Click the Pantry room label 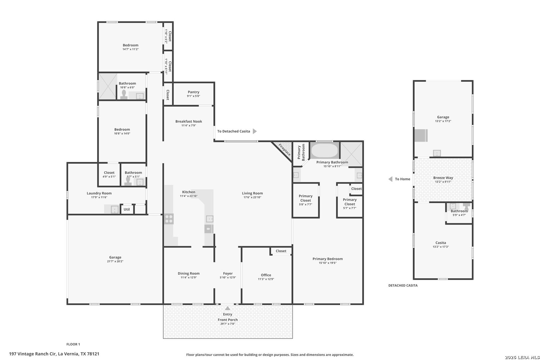tap(193, 92)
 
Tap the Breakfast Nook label tap(189, 121)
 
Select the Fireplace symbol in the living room tap(282, 151)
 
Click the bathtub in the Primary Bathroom tap(324, 150)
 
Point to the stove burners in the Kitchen tap(169, 219)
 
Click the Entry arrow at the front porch tap(228, 308)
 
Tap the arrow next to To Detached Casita tap(255, 131)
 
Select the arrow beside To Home tap(390, 179)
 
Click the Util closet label tap(127, 209)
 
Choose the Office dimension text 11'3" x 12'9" tap(266, 279)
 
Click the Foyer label tap(228, 273)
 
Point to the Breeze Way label tap(443, 178)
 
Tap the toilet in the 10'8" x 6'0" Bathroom tap(124, 94)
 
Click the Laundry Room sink tap(115, 209)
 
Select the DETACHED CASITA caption tap(403, 285)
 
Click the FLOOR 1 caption tap(73, 344)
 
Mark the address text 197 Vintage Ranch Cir tap(32, 354)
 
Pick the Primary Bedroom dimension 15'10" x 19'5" tap(328, 263)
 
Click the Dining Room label tap(189, 273)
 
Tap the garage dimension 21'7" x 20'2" tap(115, 261)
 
